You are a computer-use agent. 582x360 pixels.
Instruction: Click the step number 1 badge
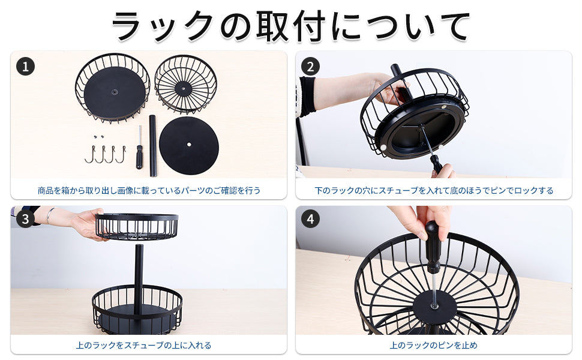[25, 67]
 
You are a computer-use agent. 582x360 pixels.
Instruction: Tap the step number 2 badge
[310, 67]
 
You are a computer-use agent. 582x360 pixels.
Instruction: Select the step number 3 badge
[25, 219]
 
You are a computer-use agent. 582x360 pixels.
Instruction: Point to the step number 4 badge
[310, 219]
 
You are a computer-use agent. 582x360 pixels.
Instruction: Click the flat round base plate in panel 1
[189, 145]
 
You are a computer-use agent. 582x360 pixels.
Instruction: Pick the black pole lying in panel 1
[152, 145]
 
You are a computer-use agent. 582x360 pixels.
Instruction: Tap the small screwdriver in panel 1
[139, 148]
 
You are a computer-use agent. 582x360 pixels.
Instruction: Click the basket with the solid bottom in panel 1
[113, 88]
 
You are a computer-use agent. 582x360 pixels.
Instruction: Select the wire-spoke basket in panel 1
[185, 84]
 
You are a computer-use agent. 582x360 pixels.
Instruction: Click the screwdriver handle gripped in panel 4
[432, 245]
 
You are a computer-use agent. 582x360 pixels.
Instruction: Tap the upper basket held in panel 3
[137, 226]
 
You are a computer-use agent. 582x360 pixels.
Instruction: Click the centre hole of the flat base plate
[189, 145]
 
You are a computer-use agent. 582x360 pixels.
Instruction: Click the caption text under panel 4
[434, 345]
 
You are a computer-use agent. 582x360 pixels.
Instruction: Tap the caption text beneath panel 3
[143, 345]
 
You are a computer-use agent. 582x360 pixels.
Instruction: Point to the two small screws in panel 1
[98, 137]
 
